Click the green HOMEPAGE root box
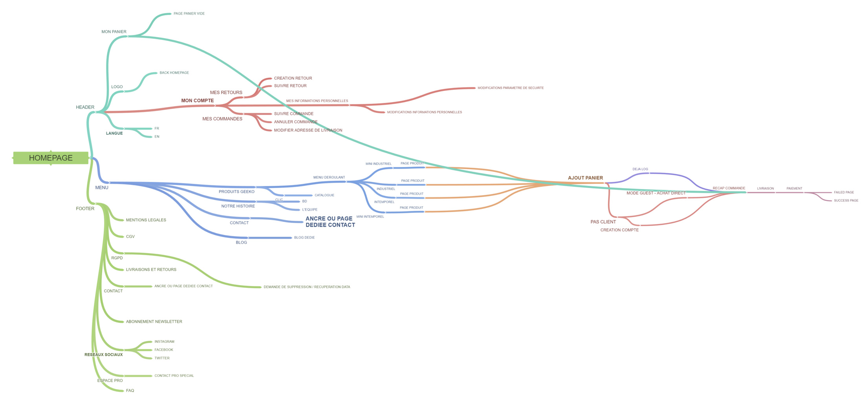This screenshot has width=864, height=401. tap(51, 158)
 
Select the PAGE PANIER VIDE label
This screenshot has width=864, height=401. tap(189, 14)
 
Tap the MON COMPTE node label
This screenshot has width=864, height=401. tap(197, 101)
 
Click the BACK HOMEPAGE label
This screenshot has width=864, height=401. tap(174, 73)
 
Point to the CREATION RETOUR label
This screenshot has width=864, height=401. tap(293, 78)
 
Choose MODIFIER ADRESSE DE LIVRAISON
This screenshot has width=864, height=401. tap(308, 130)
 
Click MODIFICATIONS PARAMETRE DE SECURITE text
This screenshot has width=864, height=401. tap(511, 88)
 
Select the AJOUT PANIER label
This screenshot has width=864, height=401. tap(585, 178)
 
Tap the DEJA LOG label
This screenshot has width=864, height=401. tap(640, 169)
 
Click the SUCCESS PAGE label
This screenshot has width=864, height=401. tap(846, 201)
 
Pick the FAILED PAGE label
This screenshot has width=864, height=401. tap(844, 192)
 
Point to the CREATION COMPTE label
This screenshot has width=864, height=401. tap(619, 230)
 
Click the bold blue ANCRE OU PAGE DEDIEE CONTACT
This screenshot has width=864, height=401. tap(330, 222)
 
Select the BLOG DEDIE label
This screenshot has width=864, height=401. tap(304, 238)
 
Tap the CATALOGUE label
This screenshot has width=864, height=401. tap(324, 195)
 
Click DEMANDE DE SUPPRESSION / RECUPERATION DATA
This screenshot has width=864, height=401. tap(307, 287)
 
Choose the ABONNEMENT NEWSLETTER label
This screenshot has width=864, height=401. tap(154, 322)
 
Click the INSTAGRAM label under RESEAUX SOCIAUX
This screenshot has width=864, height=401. tap(164, 342)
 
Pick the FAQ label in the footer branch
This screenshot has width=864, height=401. tap(130, 391)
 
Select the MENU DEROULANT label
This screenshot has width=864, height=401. tap(329, 178)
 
